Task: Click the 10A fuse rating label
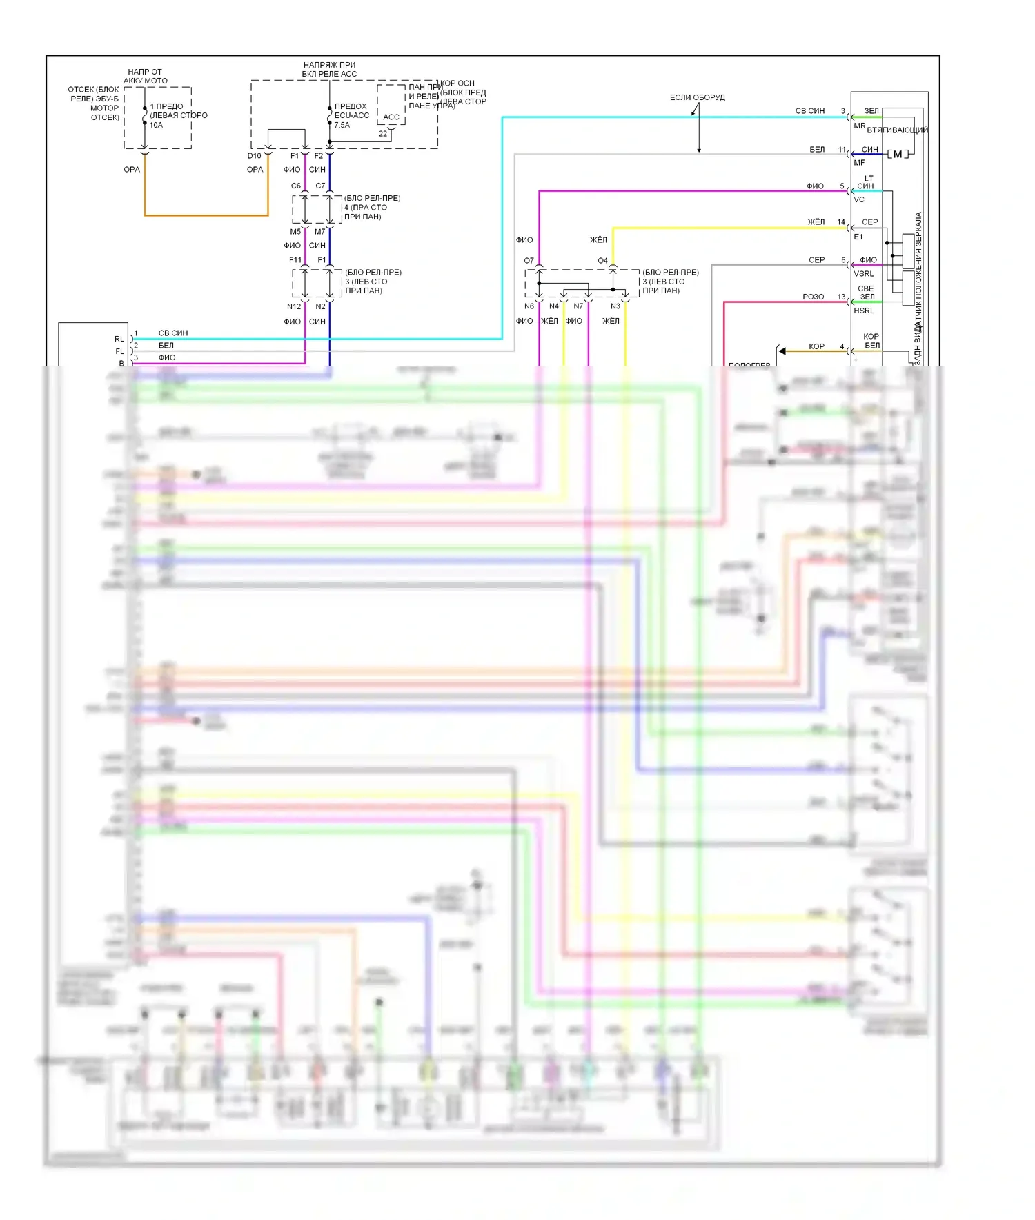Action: coord(156,125)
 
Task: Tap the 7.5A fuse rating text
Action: coord(342,125)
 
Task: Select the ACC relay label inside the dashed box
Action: coord(391,117)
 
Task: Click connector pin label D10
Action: coord(254,156)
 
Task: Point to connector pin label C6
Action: coord(295,186)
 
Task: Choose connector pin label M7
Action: coord(319,232)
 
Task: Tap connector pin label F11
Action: coord(295,260)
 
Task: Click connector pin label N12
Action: coord(294,306)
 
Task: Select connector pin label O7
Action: coord(529,261)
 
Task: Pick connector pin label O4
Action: coord(602,261)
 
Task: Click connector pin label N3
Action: coord(615,306)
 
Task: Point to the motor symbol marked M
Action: coord(897,154)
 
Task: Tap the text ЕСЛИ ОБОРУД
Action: coord(697,97)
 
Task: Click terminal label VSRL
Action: coord(863,274)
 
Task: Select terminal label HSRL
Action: coord(863,311)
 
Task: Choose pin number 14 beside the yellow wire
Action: coord(841,222)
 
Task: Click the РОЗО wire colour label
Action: coord(813,297)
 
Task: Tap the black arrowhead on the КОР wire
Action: coord(782,351)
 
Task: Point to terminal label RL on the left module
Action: coord(119,339)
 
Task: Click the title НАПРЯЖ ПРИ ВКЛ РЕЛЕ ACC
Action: coord(329,70)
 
